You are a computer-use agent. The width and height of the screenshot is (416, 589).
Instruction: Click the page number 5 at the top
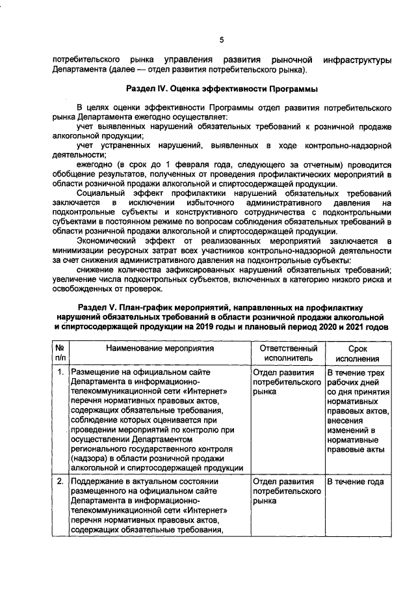221,40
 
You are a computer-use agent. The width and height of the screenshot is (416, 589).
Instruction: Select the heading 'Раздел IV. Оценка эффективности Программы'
221,88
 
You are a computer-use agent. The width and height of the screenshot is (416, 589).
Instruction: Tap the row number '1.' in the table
60,372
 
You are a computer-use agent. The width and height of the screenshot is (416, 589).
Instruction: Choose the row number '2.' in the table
60,482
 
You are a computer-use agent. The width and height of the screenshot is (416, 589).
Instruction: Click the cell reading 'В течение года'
355,482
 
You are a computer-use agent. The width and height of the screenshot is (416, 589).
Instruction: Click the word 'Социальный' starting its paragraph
101,194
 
